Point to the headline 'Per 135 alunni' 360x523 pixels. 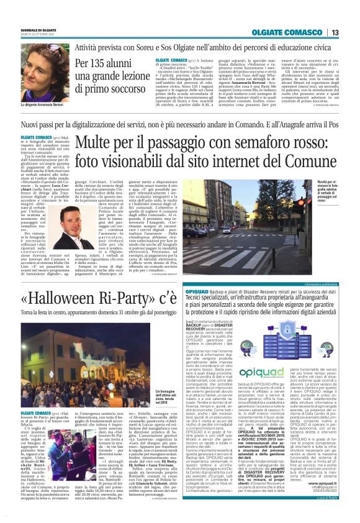pos(106,64)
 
